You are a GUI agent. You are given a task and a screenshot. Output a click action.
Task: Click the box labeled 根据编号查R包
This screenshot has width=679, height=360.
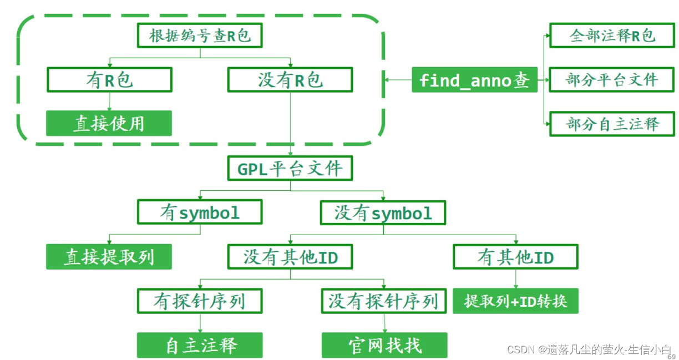click(x=199, y=36)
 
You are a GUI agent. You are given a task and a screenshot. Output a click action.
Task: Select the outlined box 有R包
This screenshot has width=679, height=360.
click(x=109, y=80)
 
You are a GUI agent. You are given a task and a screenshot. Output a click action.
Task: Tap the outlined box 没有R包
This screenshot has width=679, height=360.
click(x=290, y=80)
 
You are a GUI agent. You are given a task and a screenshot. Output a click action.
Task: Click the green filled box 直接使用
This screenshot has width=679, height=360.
click(x=109, y=123)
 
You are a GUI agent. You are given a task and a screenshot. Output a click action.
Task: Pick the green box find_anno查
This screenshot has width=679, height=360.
click(x=474, y=80)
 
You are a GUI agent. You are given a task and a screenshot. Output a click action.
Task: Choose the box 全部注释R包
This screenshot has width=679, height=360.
click(x=612, y=36)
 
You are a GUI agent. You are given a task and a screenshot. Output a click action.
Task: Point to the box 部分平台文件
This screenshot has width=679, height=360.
click(x=612, y=79)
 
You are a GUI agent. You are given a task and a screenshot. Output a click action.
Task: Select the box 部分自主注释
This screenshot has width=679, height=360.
click(x=612, y=123)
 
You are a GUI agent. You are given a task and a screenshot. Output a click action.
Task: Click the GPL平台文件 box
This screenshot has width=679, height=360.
click(x=290, y=168)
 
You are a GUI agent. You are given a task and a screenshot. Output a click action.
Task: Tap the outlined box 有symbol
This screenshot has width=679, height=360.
click(x=200, y=212)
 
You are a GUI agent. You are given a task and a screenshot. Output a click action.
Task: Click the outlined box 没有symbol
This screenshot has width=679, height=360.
click(x=383, y=212)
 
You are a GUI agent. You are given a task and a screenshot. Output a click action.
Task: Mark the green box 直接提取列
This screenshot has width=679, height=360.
click(x=109, y=257)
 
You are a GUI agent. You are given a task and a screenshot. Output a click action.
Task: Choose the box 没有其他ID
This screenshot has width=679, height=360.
click(x=290, y=257)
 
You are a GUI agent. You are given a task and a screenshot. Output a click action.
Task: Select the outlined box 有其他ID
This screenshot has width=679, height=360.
click(x=515, y=257)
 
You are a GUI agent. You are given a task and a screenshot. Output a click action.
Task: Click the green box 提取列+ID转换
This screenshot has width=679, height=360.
click(x=515, y=301)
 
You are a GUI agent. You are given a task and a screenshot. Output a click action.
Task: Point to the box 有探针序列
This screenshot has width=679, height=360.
click(x=200, y=301)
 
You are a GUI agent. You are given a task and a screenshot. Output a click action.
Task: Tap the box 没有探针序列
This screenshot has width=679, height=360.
click(x=383, y=301)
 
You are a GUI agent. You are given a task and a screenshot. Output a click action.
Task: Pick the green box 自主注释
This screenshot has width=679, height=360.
click(x=200, y=345)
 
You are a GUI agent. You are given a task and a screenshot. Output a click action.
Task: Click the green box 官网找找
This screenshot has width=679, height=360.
click(x=384, y=345)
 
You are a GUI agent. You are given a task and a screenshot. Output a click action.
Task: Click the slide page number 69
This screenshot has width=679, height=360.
click(x=671, y=357)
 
